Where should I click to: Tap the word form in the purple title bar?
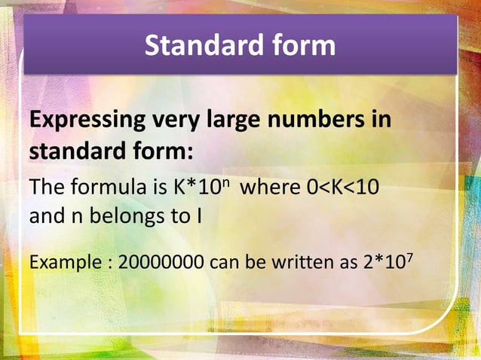click(300, 46)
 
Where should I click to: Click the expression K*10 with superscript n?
click(201, 187)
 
